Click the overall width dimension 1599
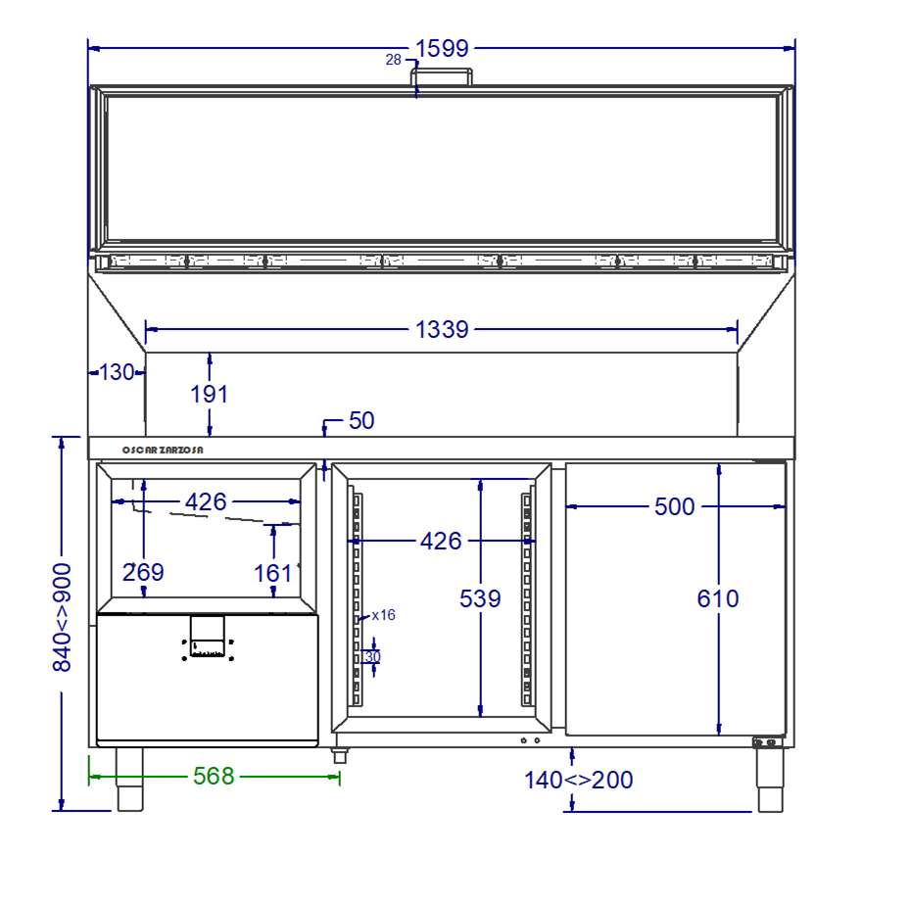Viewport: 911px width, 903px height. click(442, 48)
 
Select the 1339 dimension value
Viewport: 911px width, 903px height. click(442, 330)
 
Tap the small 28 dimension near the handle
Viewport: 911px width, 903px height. click(394, 59)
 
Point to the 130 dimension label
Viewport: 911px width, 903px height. click(117, 372)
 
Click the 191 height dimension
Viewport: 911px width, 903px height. click(210, 395)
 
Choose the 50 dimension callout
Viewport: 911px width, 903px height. click(361, 420)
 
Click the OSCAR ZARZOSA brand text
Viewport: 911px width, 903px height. click(163, 451)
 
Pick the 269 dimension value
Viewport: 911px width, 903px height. click(143, 573)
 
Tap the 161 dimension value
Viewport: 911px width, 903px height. click(272, 574)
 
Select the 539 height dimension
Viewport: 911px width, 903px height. click(480, 598)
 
